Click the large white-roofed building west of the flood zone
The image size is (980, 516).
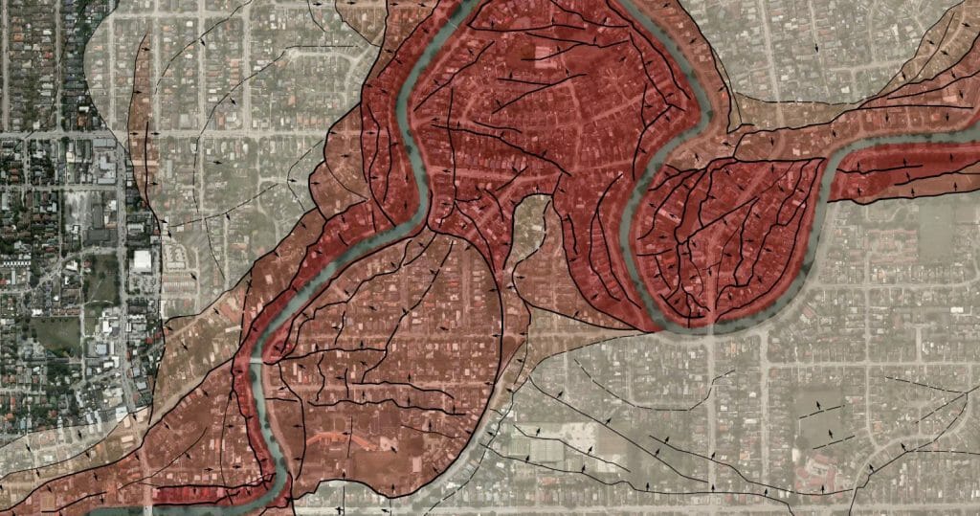click(x=142, y=260)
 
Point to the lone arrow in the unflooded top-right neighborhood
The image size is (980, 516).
click(x=816, y=45)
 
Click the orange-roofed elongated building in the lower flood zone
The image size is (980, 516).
click(x=325, y=437)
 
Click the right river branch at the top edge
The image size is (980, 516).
click(x=633, y=6)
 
